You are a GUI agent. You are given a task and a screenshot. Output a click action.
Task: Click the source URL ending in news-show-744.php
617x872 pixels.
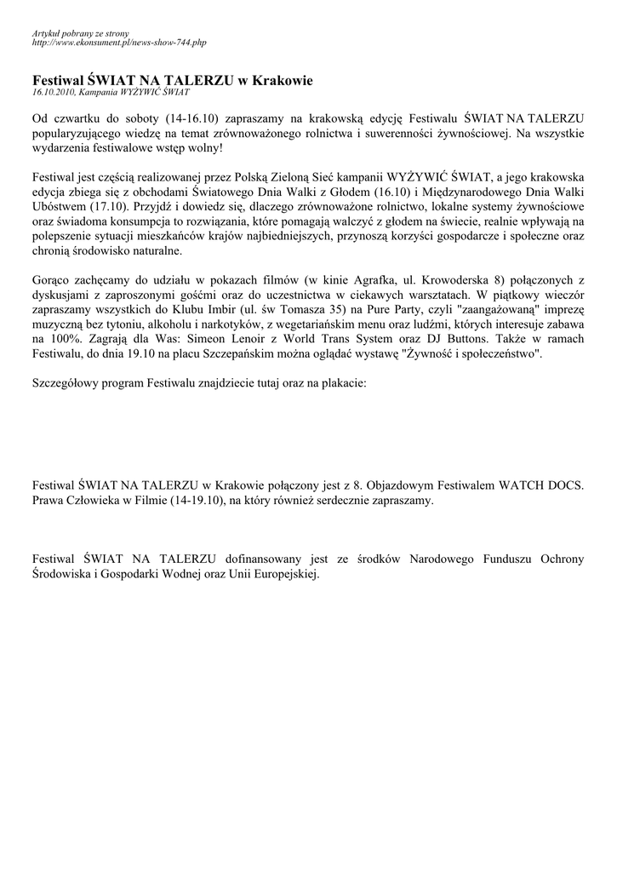click(x=119, y=42)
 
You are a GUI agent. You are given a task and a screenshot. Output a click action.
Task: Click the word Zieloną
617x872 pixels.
click(x=291, y=177)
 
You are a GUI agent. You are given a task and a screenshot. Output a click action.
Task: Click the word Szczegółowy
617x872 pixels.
click(x=66, y=384)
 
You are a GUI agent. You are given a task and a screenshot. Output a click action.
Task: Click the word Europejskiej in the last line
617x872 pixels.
click(x=286, y=575)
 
